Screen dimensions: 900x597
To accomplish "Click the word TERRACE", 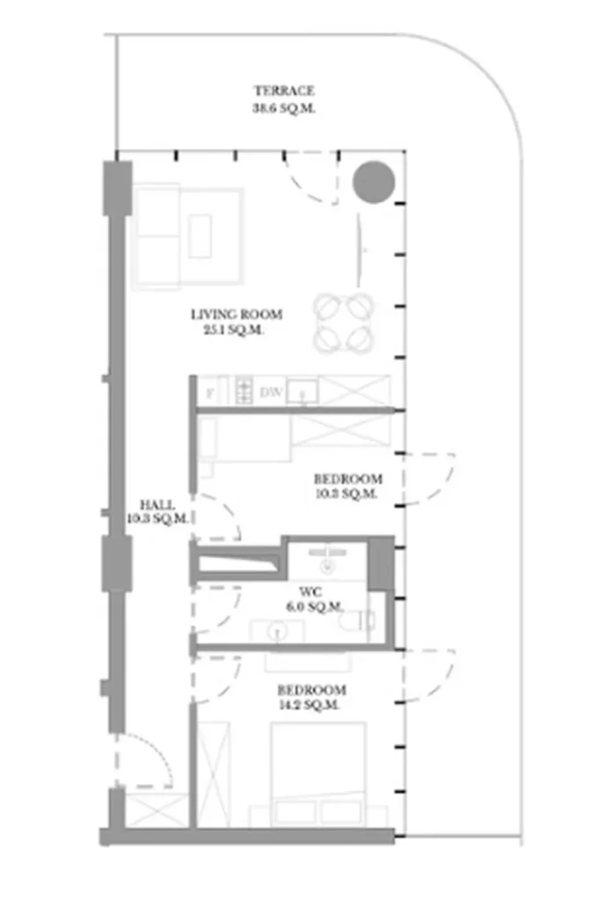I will pos(284,91).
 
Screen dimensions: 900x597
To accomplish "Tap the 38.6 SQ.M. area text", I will pos(284,109).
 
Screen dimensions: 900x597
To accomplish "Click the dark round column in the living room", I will pos(374,183).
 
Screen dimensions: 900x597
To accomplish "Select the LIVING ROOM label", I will pos(237,315).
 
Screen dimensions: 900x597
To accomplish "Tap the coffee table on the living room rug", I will pos(200,236).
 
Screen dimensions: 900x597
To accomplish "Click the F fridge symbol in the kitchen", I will pos(209,393).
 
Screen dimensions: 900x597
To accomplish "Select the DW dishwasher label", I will pos(271,393).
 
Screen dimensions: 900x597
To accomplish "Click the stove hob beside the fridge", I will pos(244,388).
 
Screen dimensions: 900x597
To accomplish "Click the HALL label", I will pos(157,505).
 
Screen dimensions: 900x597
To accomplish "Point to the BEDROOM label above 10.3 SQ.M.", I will pos(348,479).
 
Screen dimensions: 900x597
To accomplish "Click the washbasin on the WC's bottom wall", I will pos(277,630).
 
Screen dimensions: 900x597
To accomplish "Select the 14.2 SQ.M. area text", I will pos(310,705).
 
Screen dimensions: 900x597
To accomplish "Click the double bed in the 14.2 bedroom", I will pos(317,773).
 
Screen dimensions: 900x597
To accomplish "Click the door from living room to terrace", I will pos(312,177).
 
